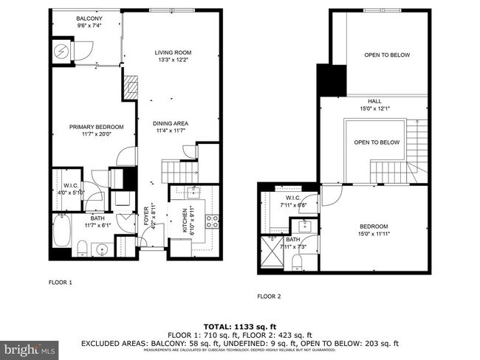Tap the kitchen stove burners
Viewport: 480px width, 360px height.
(211, 219)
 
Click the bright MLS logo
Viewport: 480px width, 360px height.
(30, 347)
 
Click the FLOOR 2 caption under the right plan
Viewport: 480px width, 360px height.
(270, 297)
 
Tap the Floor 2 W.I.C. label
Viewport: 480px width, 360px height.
(293, 201)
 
